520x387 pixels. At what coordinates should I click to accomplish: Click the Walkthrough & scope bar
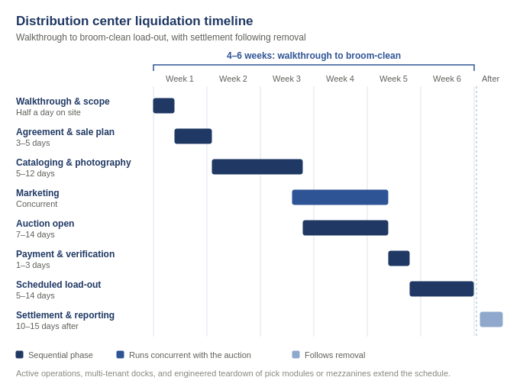[x=164, y=106]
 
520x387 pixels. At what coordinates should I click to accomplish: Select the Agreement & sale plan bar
[x=193, y=137]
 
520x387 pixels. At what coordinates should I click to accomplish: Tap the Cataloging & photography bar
[x=257, y=167]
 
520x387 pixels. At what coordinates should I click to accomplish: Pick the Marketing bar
[x=341, y=197]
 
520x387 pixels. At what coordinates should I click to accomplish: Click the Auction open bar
[x=346, y=227]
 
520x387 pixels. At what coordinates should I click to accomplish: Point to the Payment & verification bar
[x=399, y=258]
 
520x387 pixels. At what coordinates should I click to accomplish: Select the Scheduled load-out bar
[x=442, y=289]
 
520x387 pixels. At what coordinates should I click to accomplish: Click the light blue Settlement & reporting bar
[x=491, y=319]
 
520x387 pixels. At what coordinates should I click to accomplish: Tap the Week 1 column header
[x=179, y=79]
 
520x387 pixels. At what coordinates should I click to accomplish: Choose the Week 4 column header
[x=340, y=79]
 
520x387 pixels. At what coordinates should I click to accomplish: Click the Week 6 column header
[x=447, y=79]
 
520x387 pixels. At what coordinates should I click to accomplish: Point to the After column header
[x=490, y=79]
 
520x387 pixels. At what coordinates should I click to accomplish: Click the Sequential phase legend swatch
[x=20, y=355]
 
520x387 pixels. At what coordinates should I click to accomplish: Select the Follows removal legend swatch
[x=296, y=355]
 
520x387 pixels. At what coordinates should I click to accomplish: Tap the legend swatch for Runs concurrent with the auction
[x=120, y=355]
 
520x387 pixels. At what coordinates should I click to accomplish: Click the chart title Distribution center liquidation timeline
[x=134, y=21]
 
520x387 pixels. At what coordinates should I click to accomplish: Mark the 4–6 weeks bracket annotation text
[x=314, y=56]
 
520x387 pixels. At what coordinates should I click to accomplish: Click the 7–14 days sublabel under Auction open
[x=35, y=234]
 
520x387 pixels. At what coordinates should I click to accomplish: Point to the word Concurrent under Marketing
[x=37, y=204]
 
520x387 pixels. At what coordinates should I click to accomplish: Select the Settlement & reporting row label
[x=65, y=315]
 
